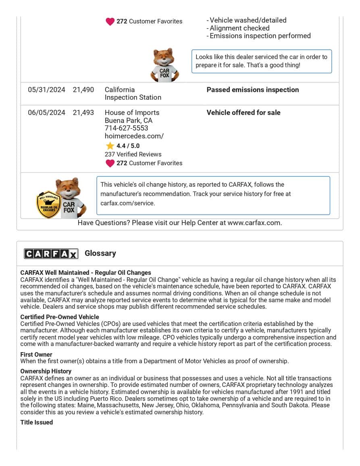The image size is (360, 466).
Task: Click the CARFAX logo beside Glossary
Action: pos(51,253)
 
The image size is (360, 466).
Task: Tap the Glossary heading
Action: pos(100,253)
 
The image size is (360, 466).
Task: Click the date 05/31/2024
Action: pos(46,90)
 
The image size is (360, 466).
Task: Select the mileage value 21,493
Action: pos(83,113)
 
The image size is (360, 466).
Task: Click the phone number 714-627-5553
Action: pos(126,128)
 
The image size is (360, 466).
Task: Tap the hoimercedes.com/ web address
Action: pos(134,136)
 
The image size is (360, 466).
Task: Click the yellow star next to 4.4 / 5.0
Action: pos(110,146)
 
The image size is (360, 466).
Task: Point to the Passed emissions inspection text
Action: pos(253,90)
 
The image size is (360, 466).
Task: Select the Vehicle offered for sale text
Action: pos(243,113)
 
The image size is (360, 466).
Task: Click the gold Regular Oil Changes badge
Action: pos(48,205)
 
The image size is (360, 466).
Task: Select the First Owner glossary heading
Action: pos(36,355)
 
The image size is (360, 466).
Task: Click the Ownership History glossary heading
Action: pos(46,371)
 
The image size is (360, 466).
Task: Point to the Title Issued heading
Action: pos(37,422)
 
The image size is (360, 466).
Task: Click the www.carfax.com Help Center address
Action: pos(254,223)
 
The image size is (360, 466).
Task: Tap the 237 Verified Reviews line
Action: pos(133,154)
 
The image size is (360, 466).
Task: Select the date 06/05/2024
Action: pos(46,113)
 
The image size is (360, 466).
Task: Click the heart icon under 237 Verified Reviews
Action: pos(110,163)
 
